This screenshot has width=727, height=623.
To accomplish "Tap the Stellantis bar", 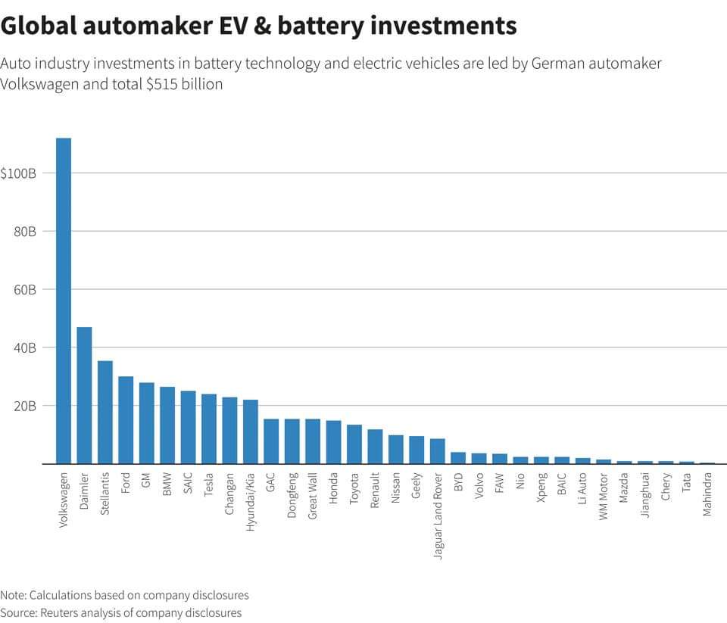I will pyautogui.click(x=105, y=413).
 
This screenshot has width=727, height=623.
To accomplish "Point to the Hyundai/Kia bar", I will pyautogui.click(x=251, y=431).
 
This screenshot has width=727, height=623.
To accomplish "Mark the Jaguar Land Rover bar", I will pyautogui.click(x=437, y=451).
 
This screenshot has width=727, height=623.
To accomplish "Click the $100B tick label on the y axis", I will pyautogui.click(x=18, y=173).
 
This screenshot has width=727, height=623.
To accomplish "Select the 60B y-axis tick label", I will pyautogui.click(x=25, y=290).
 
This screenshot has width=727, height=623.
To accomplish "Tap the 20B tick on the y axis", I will pyautogui.click(x=25, y=406).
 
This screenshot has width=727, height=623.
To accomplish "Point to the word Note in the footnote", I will pyautogui.click(x=12, y=595).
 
